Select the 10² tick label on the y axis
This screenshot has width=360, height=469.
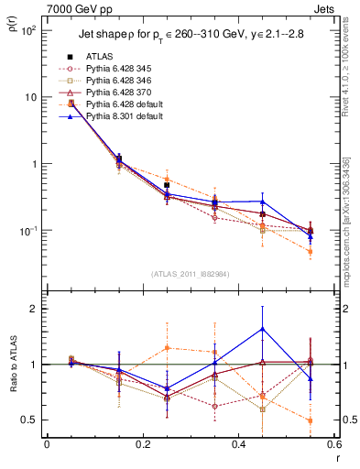pos(29,30)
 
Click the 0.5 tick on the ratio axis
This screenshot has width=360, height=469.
pos(33,420)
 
